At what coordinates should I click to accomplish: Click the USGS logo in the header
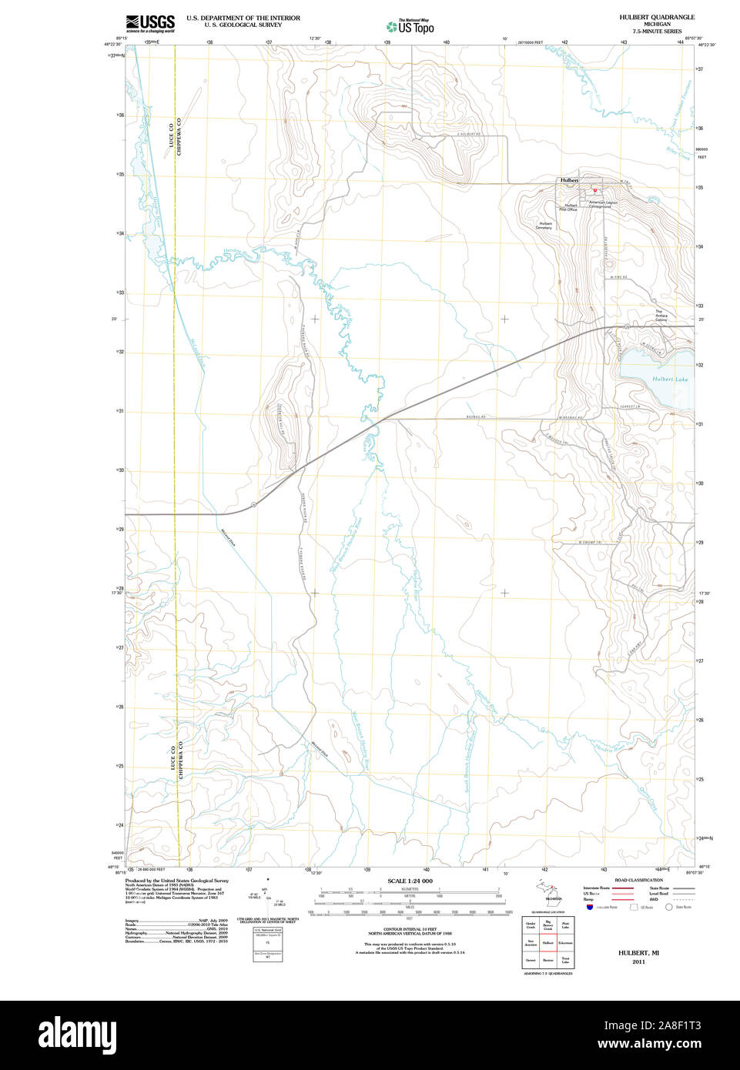click(150, 22)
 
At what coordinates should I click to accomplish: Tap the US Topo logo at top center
click(410, 27)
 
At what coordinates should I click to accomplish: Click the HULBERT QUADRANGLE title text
click(656, 17)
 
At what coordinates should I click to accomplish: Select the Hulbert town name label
click(569, 180)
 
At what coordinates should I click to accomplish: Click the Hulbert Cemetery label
click(544, 226)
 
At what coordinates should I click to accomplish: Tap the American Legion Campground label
click(600, 205)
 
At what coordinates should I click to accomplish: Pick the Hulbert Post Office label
click(569, 207)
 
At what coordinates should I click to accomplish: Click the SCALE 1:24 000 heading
click(410, 881)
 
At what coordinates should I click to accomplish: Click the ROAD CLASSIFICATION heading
click(638, 880)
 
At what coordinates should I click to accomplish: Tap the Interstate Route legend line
click(623, 888)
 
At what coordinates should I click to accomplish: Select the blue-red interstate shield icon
click(590, 908)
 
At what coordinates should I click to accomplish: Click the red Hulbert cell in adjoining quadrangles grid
click(548, 941)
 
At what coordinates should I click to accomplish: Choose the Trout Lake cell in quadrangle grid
click(565, 960)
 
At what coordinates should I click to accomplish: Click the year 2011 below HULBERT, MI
click(638, 961)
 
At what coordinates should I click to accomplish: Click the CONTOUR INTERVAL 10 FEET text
click(410, 930)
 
